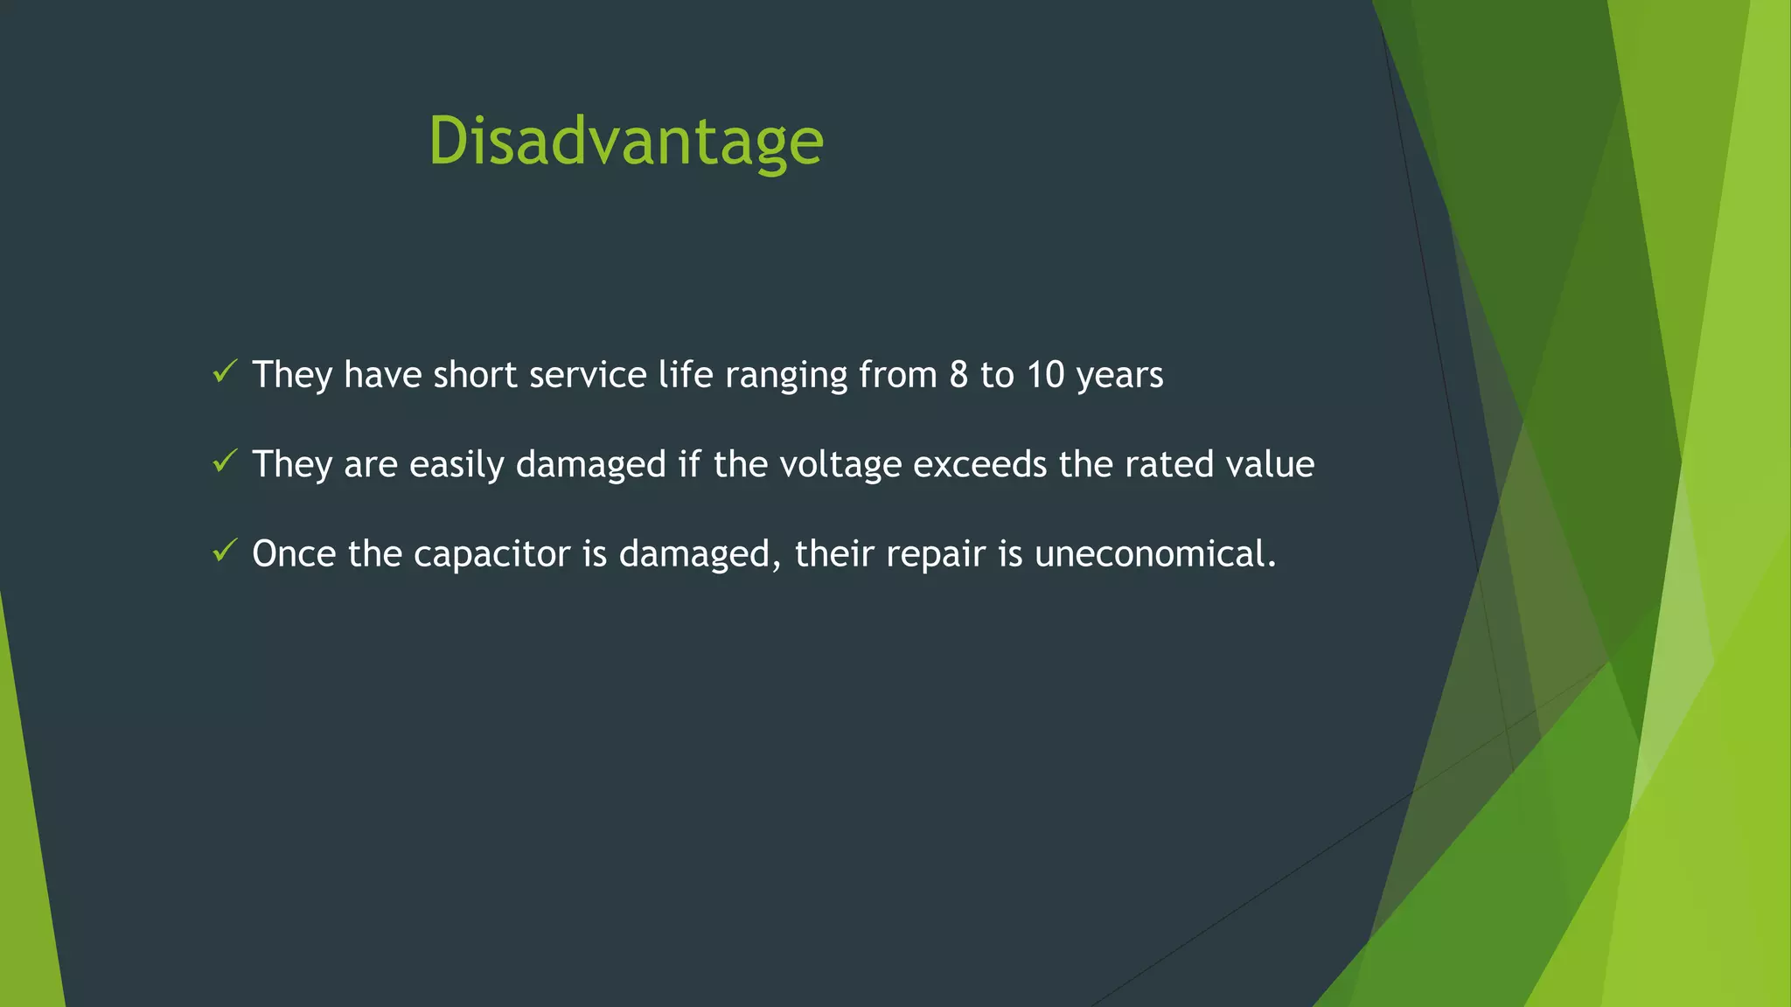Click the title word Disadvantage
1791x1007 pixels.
(625, 142)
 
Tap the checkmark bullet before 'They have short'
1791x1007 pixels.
(225, 372)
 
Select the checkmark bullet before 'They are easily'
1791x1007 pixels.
(225, 462)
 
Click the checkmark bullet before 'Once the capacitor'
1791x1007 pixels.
(225, 552)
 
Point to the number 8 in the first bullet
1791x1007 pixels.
(958, 375)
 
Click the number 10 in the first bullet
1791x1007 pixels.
(1045, 375)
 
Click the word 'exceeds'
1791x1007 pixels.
(979, 464)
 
